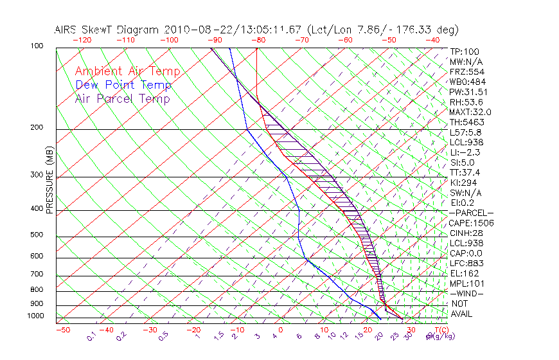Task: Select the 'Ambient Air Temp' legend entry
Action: [128, 71]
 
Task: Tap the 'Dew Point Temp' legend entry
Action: [123, 85]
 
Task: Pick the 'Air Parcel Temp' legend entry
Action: [123, 98]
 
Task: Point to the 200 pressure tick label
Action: [37, 127]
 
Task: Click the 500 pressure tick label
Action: [37, 235]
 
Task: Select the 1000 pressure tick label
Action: [35, 316]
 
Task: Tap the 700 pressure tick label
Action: [37, 274]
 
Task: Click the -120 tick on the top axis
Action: [82, 40]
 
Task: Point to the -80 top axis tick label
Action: [259, 40]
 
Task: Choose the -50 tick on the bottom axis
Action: [62, 330]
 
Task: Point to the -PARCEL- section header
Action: [472, 213]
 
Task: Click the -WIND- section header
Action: [467, 293]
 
